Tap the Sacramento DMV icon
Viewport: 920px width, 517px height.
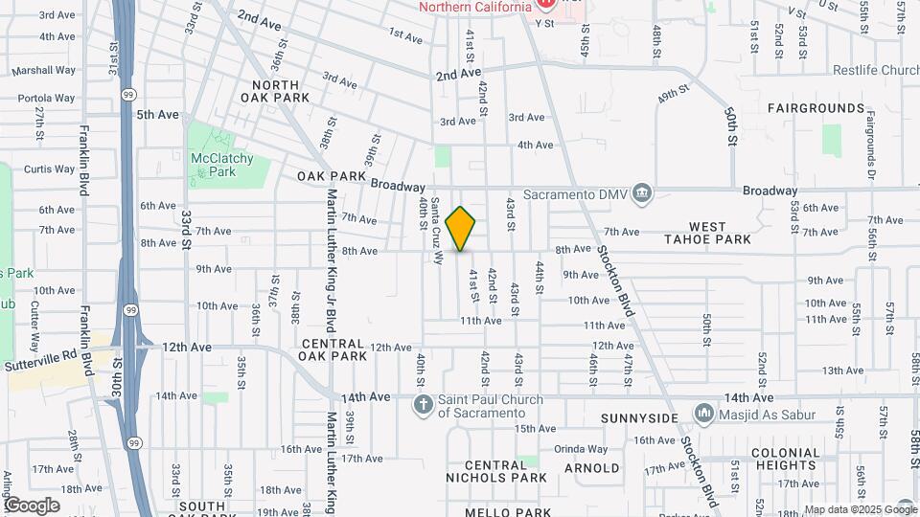[642, 194]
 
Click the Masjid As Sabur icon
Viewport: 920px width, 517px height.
[705, 414]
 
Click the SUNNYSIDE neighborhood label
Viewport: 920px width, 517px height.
[639, 418]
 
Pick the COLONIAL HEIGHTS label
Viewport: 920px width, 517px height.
[786, 460]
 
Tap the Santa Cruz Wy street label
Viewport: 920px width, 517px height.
[437, 230]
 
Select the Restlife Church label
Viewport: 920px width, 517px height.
[862, 71]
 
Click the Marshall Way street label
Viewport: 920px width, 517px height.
[44, 70]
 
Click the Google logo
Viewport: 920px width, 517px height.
[32, 506]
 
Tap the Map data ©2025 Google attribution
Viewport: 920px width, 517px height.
[860, 509]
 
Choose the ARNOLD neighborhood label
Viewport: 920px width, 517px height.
[591, 468]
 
